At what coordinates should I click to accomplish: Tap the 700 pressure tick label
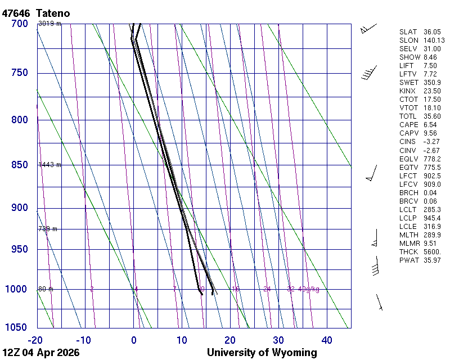pos(20,24)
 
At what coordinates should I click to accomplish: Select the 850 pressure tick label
pos(20,165)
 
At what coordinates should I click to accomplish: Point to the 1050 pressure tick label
pos(17,328)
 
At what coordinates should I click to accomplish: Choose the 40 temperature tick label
pos(327,340)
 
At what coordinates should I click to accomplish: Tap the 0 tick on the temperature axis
pos(134,340)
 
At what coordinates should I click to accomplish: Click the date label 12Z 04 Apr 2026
pos(41,353)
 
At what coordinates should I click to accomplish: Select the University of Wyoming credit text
pos(262,353)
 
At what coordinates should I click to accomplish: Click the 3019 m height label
pos(49,24)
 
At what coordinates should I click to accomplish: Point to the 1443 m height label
pos(49,165)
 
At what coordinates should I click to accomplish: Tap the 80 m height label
pos(46,289)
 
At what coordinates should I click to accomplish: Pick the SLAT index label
pos(408,32)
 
